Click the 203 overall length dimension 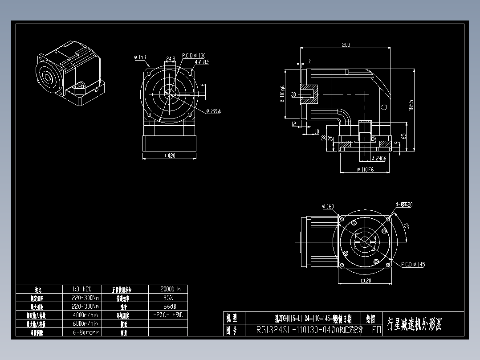pos(346,45)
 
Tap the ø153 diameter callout pos(140,57)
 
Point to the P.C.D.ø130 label pos(194,56)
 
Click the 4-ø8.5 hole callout pos(202,62)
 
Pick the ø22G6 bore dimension pos(214,110)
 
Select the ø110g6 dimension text pos(282,94)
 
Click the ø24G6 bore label pos(378,158)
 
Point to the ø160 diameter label pos(328,206)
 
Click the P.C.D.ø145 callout pos(413,264)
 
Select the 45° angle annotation pos(406,226)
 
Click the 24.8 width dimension pos(171,58)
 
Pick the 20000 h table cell pos(168,289)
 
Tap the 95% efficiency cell pos(168,297)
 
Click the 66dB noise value pos(168,306)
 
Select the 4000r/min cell pos(85,315)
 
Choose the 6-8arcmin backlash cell pos(85,332)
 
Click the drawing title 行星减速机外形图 pos(415,324)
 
